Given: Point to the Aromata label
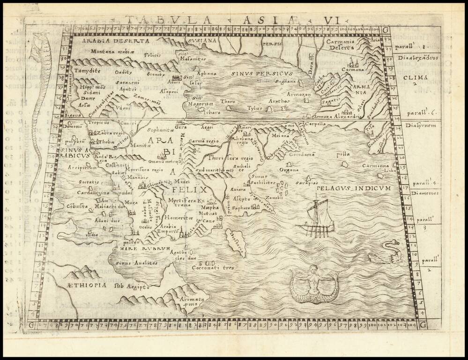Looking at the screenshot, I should point(192,300).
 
